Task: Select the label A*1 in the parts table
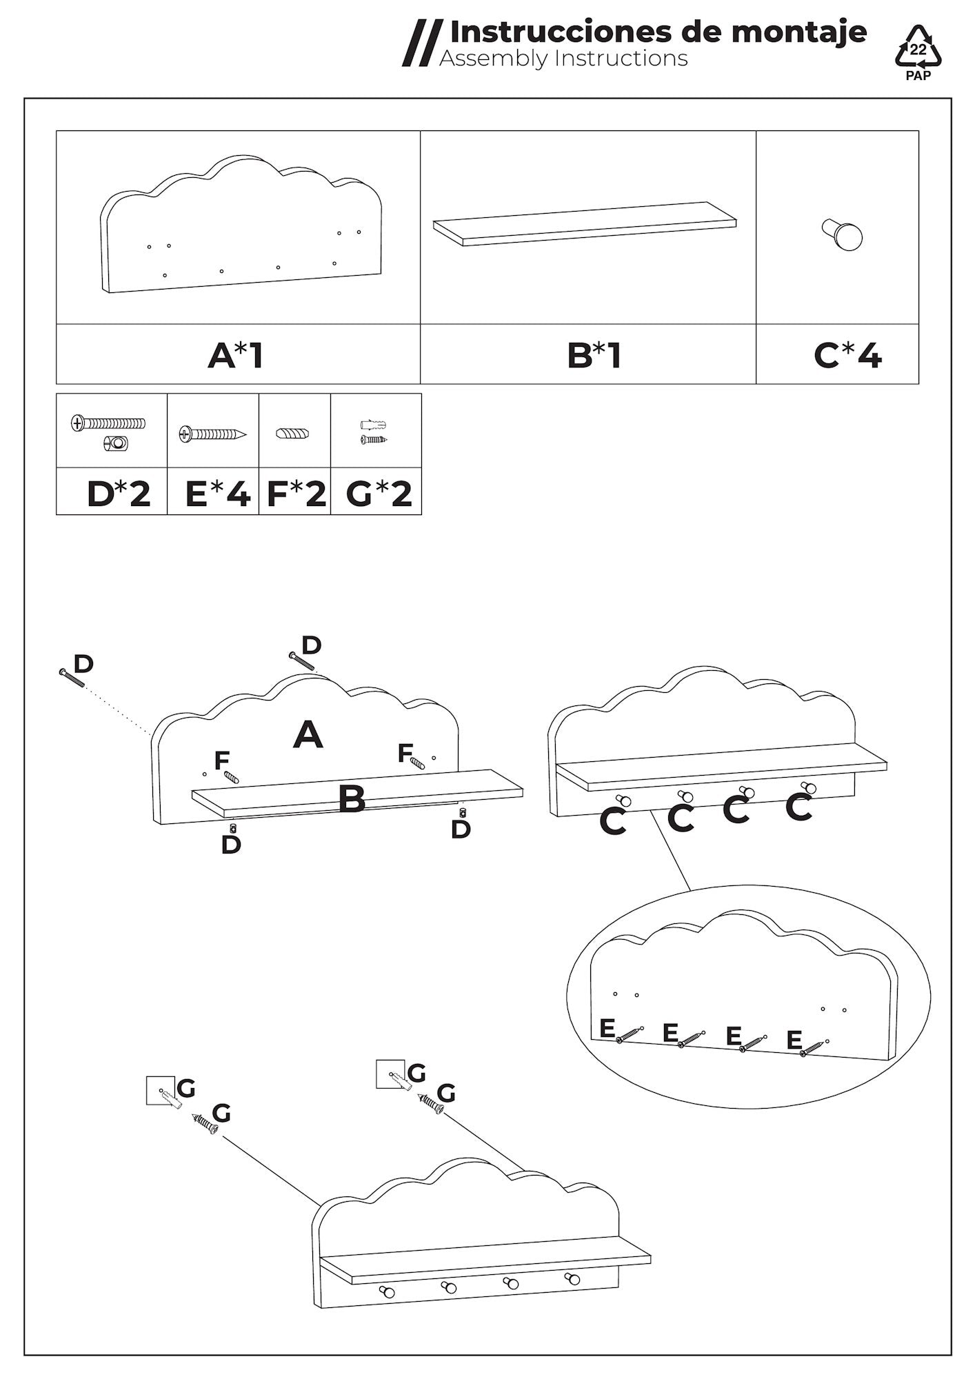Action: pos(236,356)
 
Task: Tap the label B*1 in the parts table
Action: pos(594,356)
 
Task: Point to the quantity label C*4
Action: pos(847,356)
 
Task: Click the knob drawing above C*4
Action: pos(843,234)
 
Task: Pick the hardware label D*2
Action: pos(119,494)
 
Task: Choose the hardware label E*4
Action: pos(217,494)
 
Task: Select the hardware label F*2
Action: pos(296,494)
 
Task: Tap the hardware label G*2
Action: pos(379,494)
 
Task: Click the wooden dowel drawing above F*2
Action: pos(293,434)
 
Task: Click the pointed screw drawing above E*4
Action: pos(212,434)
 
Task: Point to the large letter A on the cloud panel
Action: pos(308,735)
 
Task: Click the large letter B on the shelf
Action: pos(352,800)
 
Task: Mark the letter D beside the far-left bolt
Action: pos(83,664)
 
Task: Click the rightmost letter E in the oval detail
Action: pos(794,1039)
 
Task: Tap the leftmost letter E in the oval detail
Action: pos(607,1028)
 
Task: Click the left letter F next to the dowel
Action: pos(221,761)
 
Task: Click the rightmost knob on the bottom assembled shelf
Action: pos(572,1279)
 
